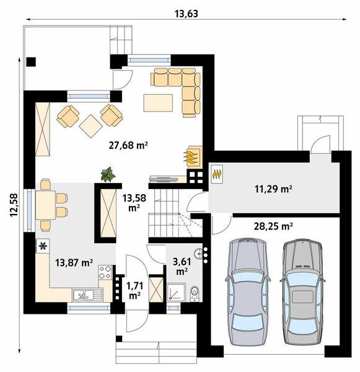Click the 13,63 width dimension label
[x=186, y=14]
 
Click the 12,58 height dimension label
[x=14, y=205]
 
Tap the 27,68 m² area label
[x=128, y=145]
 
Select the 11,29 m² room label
[x=273, y=189]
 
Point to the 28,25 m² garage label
[x=273, y=226]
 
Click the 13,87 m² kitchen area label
[x=74, y=263]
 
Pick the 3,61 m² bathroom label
[x=182, y=267]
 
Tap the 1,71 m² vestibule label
[x=134, y=291]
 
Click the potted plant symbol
[x=108, y=174]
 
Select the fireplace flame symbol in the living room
[x=190, y=157]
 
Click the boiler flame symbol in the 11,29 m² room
[x=217, y=174]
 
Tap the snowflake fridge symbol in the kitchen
[x=43, y=246]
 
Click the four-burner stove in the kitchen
[x=105, y=272]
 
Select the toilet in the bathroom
[x=195, y=293]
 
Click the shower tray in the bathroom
[x=177, y=292]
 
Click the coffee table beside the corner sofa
[x=158, y=103]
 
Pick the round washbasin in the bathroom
[x=198, y=254]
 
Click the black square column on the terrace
[x=31, y=62]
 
